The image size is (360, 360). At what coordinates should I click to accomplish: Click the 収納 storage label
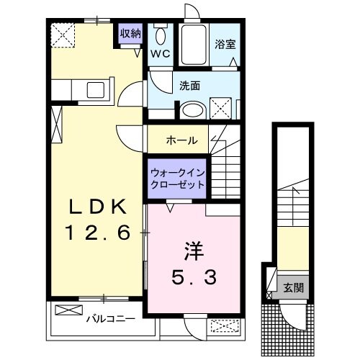coord(130,33)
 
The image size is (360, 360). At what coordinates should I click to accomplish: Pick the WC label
coord(160,54)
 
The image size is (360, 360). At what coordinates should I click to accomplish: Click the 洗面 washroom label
coord(190,86)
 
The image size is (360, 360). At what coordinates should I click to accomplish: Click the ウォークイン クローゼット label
coord(176,178)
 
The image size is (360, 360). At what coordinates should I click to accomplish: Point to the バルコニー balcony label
coord(107,317)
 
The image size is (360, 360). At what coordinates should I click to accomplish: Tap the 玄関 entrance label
coord(293,288)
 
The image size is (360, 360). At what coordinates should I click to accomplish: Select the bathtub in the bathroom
coord(192,45)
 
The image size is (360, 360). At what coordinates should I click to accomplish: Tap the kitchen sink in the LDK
coord(96,90)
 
